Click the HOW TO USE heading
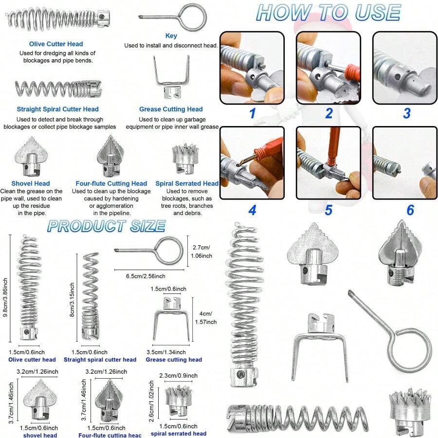[328, 13]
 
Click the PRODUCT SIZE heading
[106, 226]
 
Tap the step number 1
[252, 114]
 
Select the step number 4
[252, 210]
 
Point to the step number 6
[410, 210]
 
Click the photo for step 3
[405, 68]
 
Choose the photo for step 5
[328, 163]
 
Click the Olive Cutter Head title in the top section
[56, 44]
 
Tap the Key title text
[171, 36]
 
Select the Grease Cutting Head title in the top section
[171, 109]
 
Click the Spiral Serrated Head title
[187, 183]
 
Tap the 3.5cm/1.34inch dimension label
[166, 351]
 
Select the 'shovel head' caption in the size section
[40, 435]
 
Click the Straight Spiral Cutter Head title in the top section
[57, 109]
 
